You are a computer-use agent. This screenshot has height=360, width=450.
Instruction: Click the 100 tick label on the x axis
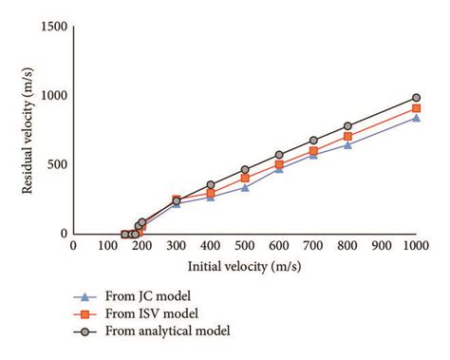click(107, 246)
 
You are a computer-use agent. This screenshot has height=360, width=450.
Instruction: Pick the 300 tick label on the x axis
click(176, 246)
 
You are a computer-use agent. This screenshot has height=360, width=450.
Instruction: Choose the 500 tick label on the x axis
click(244, 246)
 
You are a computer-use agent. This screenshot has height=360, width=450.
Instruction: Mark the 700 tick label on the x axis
click(312, 246)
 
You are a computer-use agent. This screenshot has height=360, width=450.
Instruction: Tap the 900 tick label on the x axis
click(381, 246)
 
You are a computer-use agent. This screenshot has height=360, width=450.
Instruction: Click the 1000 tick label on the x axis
click(414, 246)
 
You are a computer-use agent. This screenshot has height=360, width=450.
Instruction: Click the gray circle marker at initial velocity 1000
click(416, 98)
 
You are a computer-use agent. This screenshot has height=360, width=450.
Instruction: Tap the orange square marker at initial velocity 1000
click(416, 108)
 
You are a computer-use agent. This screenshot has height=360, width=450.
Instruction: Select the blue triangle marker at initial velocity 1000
click(416, 118)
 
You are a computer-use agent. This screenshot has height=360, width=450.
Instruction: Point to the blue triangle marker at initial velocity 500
click(245, 187)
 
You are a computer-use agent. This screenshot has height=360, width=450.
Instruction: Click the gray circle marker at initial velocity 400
click(211, 185)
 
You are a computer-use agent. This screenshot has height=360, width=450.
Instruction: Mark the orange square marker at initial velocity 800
click(347, 137)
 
